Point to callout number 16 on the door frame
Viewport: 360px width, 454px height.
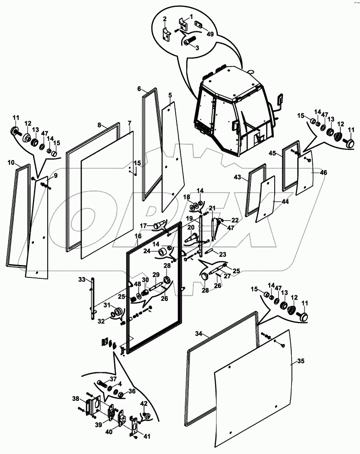[x=138, y=236]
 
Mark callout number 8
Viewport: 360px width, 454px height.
[x=99, y=124]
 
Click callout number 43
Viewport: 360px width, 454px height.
[x=250, y=177]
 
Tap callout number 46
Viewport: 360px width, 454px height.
[x=323, y=172]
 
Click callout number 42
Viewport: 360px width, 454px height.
[x=144, y=404]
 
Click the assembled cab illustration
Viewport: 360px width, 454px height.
[x=234, y=115]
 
